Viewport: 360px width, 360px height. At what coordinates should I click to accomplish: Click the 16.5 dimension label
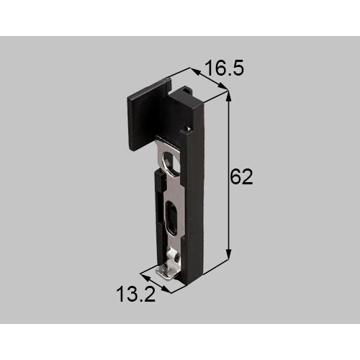tap(225, 68)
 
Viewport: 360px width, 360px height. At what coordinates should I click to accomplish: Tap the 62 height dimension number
tap(241, 177)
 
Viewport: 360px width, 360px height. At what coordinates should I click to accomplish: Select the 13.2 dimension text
tap(136, 294)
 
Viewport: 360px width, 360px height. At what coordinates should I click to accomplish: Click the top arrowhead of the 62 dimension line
tap(229, 98)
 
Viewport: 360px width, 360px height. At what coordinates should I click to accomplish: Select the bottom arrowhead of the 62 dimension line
tap(229, 254)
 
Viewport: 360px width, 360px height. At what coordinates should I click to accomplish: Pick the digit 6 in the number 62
tap(235, 177)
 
